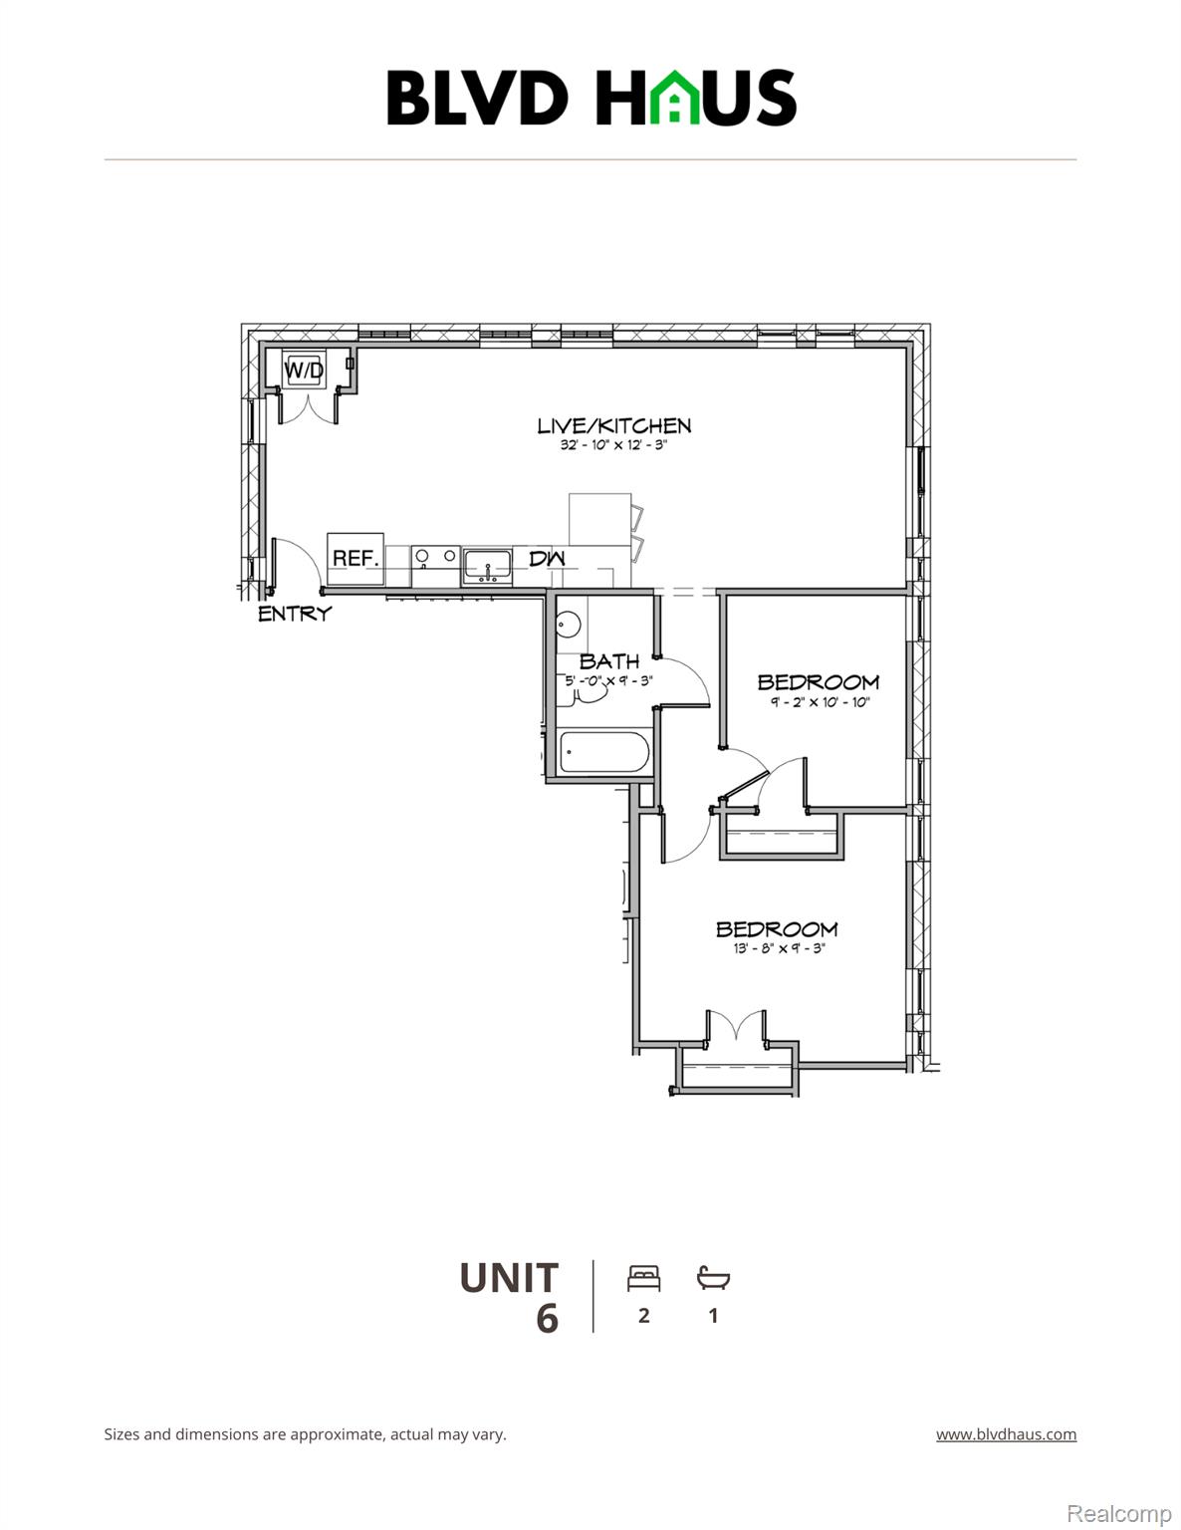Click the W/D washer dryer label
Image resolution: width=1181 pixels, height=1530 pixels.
coord(304,371)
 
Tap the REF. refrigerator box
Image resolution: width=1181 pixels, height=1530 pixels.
coord(355,559)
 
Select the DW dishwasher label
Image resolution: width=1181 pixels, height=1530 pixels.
coord(547,559)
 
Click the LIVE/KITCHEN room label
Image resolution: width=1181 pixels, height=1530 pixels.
coord(613,425)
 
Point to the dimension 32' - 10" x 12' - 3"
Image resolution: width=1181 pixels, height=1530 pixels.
coord(612,445)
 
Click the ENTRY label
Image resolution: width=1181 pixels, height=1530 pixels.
coord(294,614)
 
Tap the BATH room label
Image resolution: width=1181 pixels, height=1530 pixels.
coord(609,661)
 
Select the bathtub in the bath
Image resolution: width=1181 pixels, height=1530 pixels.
coord(604,752)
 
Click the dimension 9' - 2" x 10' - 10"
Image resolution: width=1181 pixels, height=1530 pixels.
coord(820,702)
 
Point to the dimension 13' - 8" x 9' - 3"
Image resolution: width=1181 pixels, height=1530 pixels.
coord(779,949)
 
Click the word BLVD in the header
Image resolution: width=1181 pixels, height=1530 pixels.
coord(477,98)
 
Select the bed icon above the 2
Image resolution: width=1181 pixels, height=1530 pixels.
coord(644,1278)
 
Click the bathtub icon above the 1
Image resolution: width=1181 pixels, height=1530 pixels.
coord(713,1278)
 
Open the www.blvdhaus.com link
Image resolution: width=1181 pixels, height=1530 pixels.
coord(1006,1434)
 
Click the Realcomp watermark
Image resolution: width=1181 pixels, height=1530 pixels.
coord(1119,1514)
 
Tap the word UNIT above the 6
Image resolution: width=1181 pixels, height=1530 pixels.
coord(509,1278)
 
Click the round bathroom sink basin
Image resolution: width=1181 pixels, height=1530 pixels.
coord(568,625)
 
